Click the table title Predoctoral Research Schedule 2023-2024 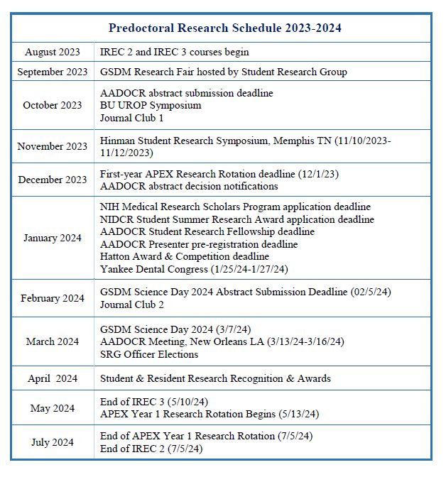tap(225, 28)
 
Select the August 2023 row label tap(52, 53)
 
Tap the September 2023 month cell tap(53, 72)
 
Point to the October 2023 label tap(53, 105)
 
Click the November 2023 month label tap(53, 146)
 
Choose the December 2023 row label tap(53, 180)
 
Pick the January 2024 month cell tap(53, 238)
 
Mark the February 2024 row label tap(53, 298)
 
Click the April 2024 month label tap(53, 378)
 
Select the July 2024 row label tap(53, 442)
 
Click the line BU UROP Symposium tap(151, 105)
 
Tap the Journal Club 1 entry tap(131, 117)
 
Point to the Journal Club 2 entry tap(132, 305)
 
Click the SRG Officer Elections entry tap(149, 354)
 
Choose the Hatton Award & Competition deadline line tap(185, 256)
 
